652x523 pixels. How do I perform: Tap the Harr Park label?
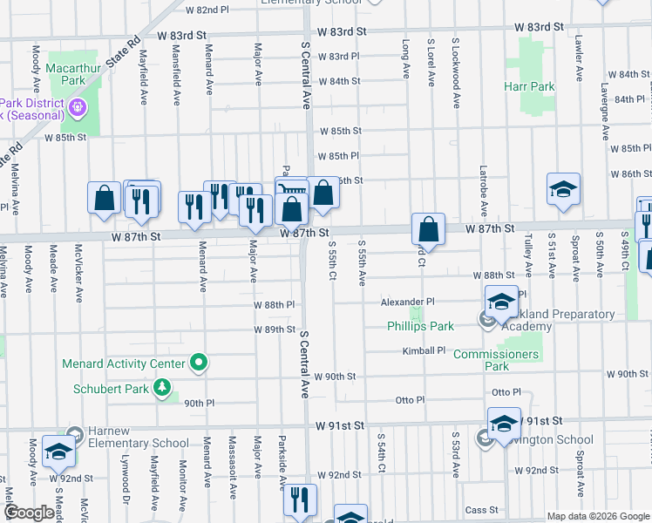coord(529,87)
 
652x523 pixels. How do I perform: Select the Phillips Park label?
coord(421,327)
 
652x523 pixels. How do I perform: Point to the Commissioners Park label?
coord(496,360)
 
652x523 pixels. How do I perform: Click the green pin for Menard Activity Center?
coord(200,363)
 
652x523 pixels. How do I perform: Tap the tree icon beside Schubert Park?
coord(162,388)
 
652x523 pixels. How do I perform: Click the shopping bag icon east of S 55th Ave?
coord(428,231)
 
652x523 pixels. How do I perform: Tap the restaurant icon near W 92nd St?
coord(299,501)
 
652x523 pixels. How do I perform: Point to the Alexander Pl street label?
coord(406,302)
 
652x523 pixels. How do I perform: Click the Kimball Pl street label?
coord(424,350)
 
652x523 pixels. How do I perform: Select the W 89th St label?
coord(275,329)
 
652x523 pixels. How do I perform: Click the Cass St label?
coord(481,510)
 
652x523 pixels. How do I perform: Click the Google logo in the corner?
coord(30,513)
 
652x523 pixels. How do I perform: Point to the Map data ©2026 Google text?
coord(597,516)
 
